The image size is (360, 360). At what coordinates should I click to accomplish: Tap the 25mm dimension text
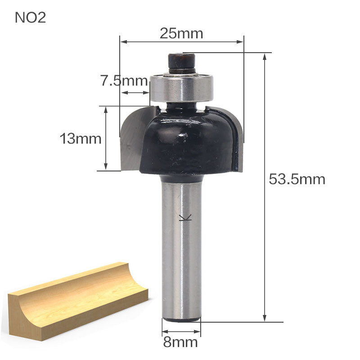click(x=181, y=33)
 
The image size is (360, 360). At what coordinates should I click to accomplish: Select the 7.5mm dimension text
click(x=124, y=81)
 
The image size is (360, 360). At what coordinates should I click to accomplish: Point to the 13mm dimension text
click(x=81, y=139)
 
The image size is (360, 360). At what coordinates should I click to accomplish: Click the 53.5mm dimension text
click(x=297, y=180)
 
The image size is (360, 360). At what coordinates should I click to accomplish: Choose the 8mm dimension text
click(x=180, y=342)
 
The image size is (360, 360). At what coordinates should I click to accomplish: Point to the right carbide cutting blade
click(x=238, y=139)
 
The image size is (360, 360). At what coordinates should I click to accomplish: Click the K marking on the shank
click(x=185, y=218)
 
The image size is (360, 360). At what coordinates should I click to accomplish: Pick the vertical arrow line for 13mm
click(x=106, y=139)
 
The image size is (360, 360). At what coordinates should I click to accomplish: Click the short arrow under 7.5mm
click(x=135, y=93)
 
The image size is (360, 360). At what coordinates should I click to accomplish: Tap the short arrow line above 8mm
click(x=181, y=331)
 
